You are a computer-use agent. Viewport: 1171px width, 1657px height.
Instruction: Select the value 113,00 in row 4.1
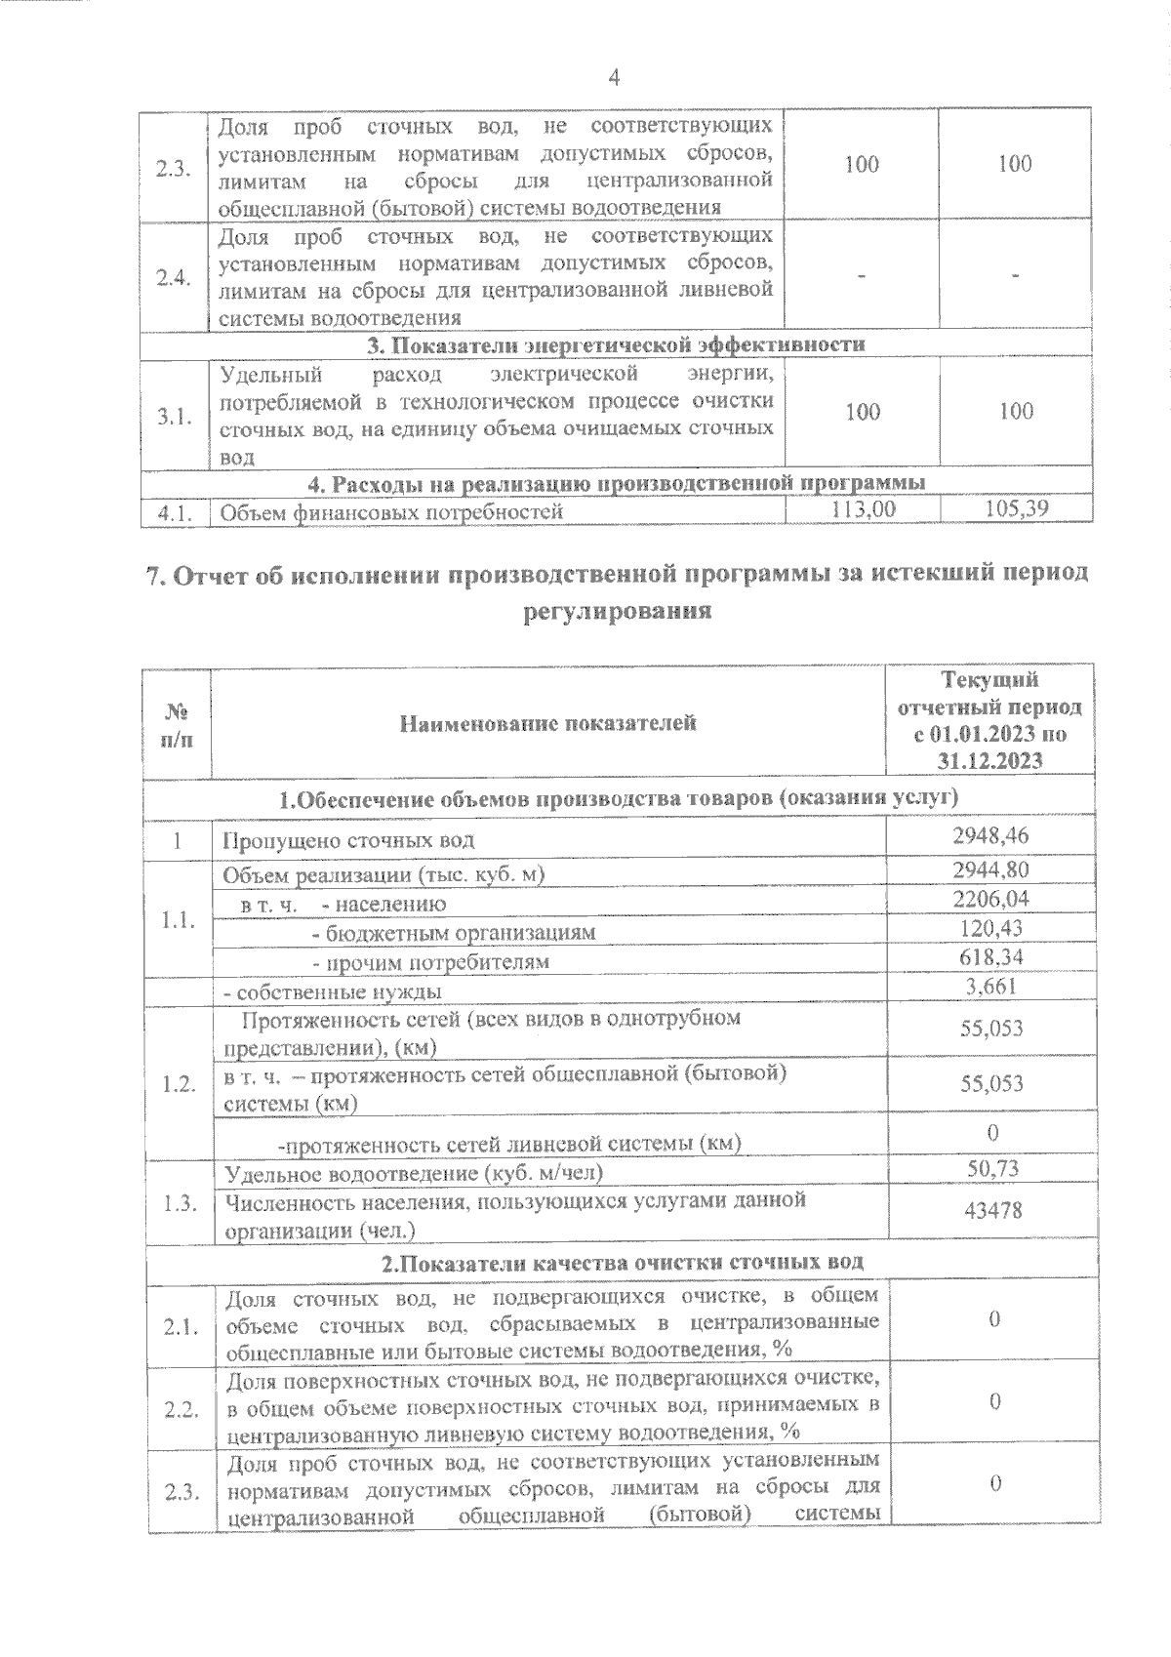862,508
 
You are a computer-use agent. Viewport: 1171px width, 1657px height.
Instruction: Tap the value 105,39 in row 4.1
1016,508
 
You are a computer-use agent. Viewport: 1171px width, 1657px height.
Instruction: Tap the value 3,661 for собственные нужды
991,986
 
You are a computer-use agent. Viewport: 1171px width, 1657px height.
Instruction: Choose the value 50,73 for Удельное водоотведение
991,1168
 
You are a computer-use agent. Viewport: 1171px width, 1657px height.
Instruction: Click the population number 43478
991,1210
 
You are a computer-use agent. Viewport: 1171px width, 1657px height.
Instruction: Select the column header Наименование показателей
547,723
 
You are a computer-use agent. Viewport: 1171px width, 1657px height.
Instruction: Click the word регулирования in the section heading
616,612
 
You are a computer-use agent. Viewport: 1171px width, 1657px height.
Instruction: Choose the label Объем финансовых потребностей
392,510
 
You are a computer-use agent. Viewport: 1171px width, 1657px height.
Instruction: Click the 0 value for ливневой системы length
992,1133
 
